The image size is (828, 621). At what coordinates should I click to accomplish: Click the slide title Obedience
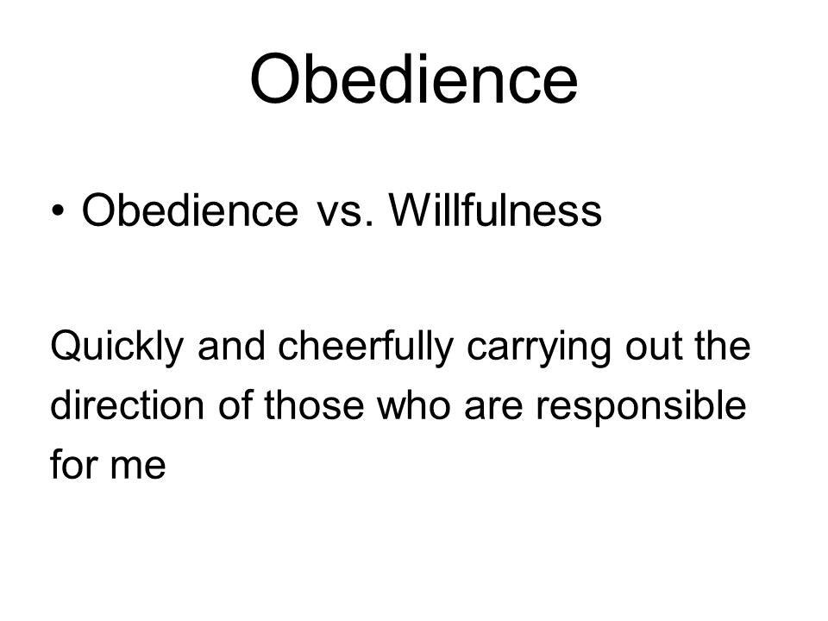(x=414, y=79)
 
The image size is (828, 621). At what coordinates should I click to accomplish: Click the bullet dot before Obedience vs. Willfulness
(x=58, y=210)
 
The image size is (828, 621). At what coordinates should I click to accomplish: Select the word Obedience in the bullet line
(x=190, y=210)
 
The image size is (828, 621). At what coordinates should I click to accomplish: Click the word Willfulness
(x=495, y=210)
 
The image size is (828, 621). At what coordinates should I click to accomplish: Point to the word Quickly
(x=116, y=348)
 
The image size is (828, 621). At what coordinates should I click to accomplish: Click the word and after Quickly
(x=231, y=347)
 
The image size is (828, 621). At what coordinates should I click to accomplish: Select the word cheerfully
(x=366, y=348)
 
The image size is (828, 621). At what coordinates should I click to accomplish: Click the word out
(x=653, y=348)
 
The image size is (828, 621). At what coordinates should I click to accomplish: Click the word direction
(x=128, y=405)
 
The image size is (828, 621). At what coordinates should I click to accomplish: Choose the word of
(x=235, y=405)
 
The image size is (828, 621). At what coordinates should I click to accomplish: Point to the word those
(x=314, y=405)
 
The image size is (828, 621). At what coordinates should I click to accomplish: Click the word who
(x=414, y=405)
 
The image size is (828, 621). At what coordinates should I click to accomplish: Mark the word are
(x=493, y=410)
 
